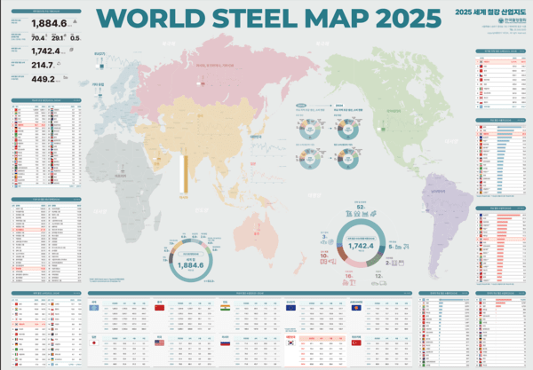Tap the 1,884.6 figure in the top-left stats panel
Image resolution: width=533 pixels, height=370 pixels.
(48, 24)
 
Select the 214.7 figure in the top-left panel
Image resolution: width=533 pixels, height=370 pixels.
(42, 65)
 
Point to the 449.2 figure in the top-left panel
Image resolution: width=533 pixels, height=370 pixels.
(42, 79)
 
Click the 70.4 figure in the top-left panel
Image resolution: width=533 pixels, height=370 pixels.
(38, 38)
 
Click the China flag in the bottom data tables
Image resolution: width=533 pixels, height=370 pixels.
(160, 307)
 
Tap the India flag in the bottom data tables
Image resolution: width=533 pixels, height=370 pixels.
(226, 307)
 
